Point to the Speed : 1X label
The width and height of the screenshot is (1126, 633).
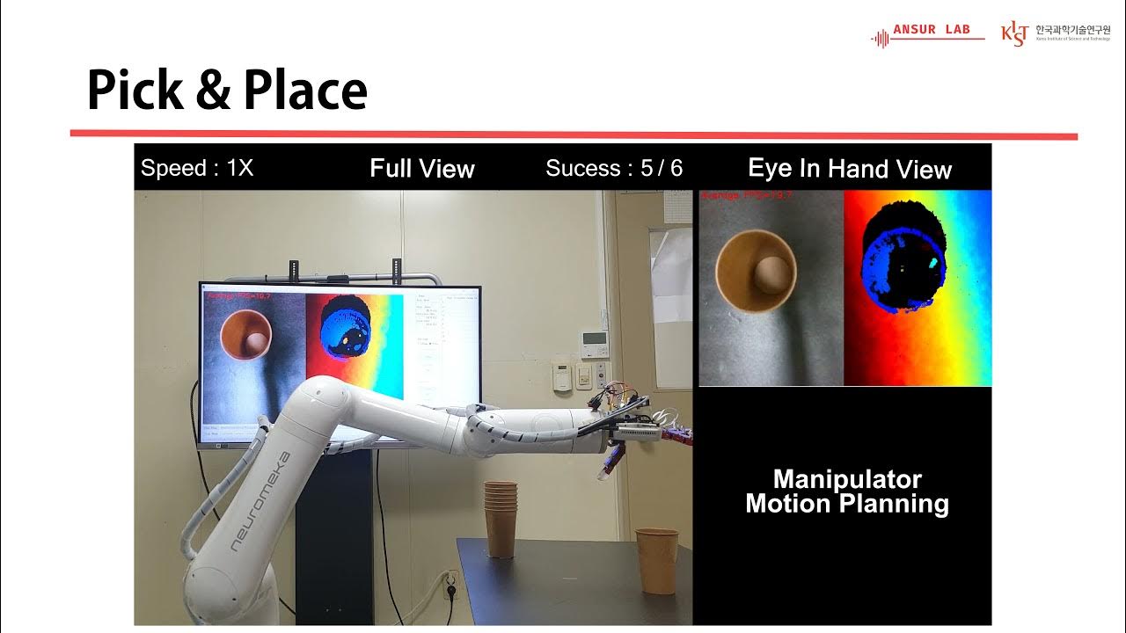197,169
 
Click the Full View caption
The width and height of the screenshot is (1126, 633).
421,169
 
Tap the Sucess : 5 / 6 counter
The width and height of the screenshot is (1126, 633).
613,169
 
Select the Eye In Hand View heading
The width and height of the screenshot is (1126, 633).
849,169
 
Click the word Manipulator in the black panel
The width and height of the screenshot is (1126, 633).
846,480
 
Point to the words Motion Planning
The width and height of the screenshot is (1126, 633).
846,505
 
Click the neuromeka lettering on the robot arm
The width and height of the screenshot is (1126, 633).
260,501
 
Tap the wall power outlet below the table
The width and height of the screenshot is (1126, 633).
450,584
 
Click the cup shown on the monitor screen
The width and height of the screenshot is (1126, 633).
245,335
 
